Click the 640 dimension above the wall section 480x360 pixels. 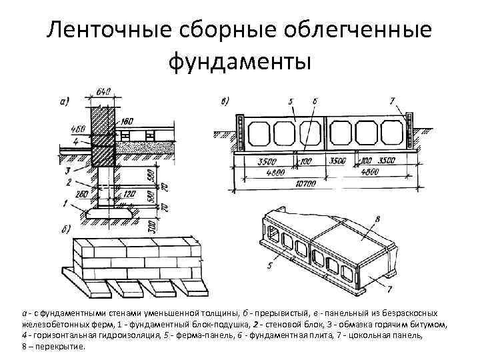click(103, 92)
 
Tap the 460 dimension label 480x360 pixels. click(78, 129)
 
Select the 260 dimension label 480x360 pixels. click(83, 194)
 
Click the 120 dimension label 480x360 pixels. click(131, 193)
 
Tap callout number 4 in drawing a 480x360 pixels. click(76, 142)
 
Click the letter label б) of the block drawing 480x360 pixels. click(65, 231)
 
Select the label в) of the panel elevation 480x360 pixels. click(224, 101)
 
